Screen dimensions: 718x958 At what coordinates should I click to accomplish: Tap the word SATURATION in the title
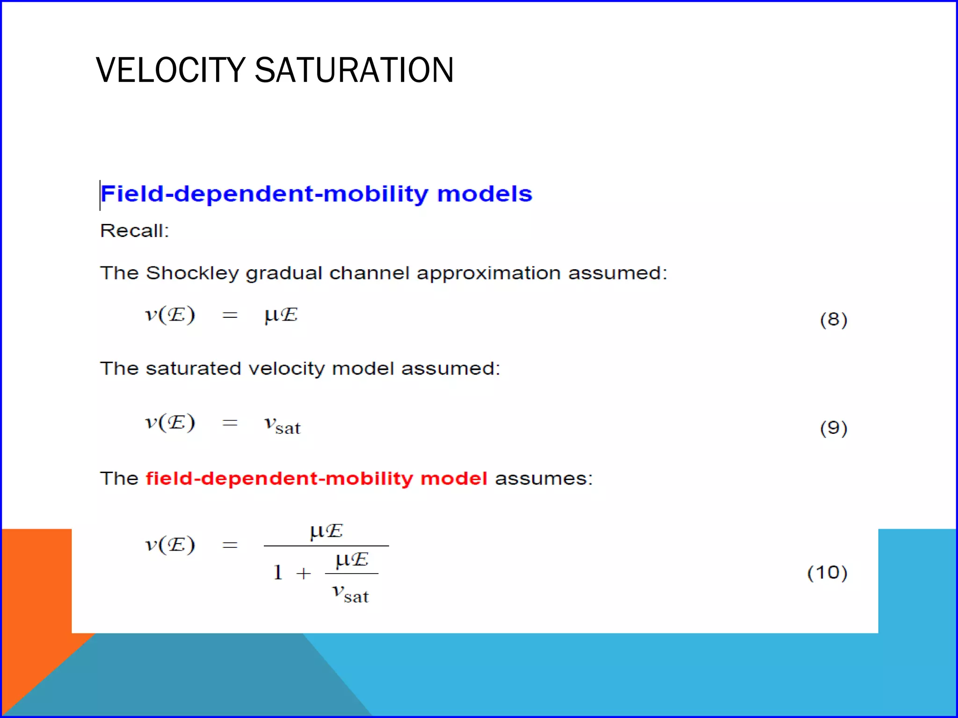354,70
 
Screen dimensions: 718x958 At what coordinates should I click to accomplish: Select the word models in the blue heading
485,194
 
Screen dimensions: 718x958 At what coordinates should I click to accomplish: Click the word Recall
134,231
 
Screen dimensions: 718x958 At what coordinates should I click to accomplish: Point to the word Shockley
192,273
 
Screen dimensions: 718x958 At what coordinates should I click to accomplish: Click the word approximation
488,273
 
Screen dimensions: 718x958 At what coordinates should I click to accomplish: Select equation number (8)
833,320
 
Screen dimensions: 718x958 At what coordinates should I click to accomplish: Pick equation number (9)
833,428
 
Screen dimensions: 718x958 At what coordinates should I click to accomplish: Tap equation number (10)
827,573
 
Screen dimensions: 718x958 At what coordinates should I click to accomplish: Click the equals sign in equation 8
230,316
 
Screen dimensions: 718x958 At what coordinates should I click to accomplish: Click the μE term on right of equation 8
281,315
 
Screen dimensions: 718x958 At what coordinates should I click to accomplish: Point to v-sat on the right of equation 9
282,424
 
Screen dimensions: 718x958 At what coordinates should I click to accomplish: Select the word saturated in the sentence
193,369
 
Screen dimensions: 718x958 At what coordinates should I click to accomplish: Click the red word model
453,479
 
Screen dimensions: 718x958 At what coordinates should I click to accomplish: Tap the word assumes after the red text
544,479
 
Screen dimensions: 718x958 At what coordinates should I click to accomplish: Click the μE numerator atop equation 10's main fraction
326,531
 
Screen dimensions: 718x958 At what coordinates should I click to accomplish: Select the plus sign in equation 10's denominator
304,573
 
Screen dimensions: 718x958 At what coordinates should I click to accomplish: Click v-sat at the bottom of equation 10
350,594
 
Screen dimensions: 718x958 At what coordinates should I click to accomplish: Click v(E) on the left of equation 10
170,545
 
